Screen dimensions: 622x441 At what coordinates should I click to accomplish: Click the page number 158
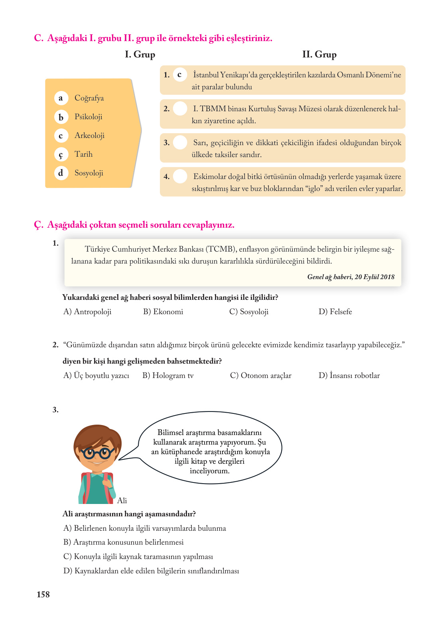click(43, 594)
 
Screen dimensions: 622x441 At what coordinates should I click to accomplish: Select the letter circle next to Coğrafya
click(61, 98)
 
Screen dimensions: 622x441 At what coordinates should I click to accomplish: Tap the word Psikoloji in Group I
click(88, 117)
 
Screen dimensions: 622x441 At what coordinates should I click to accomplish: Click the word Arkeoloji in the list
click(89, 136)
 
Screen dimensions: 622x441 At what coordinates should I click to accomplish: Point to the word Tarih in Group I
click(83, 154)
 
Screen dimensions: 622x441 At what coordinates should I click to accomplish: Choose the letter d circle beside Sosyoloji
click(61, 173)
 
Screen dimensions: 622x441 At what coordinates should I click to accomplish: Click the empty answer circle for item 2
click(180, 108)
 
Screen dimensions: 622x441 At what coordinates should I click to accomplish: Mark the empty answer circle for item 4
click(180, 176)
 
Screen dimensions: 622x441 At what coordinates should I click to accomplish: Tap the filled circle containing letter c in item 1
click(180, 75)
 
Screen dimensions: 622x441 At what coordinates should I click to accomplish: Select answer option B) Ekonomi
click(163, 312)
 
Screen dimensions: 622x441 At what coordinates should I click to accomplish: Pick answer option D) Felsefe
click(335, 312)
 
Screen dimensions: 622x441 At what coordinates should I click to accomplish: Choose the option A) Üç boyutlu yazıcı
click(96, 376)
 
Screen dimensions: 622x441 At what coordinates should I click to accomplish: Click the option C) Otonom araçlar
click(260, 376)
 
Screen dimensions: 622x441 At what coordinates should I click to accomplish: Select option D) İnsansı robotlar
click(349, 376)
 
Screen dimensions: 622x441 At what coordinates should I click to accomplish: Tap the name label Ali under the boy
click(122, 500)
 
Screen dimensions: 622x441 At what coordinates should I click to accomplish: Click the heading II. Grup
click(319, 55)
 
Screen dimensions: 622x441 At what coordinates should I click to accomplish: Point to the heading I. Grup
click(140, 55)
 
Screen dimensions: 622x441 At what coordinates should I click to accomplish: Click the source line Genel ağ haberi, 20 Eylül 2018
click(350, 277)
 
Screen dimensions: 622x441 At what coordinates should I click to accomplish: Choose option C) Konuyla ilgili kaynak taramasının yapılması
click(138, 557)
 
